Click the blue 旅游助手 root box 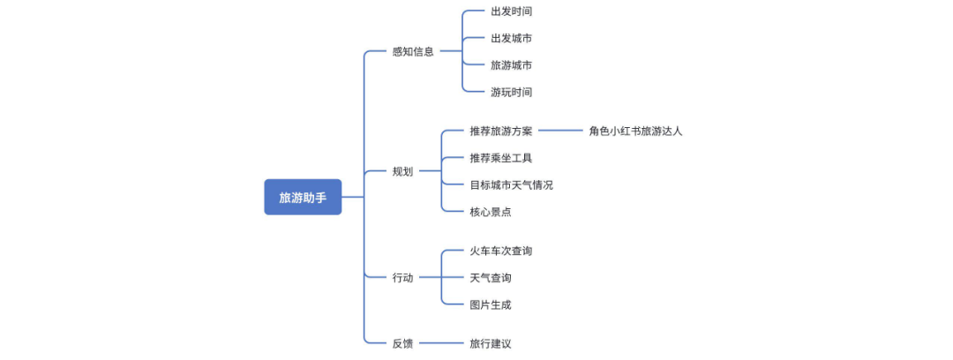click(x=303, y=197)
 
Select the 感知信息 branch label click(x=413, y=51)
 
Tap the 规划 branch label click(x=402, y=171)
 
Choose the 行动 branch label click(x=402, y=278)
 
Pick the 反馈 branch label click(x=402, y=343)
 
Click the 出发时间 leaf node click(x=511, y=11)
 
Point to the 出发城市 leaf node click(x=511, y=38)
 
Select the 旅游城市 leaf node click(x=511, y=65)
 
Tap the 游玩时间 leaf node click(x=511, y=92)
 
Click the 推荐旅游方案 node click(x=500, y=131)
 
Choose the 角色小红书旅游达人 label click(x=635, y=131)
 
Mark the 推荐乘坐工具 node click(x=500, y=158)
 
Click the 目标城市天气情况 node click(x=511, y=184)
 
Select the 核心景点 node click(x=490, y=212)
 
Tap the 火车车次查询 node click(x=500, y=251)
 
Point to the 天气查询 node click(x=490, y=278)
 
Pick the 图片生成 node click(x=490, y=304)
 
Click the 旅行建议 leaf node click(x=490, y=343)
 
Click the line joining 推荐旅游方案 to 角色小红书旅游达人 click(x=560, y=131)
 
